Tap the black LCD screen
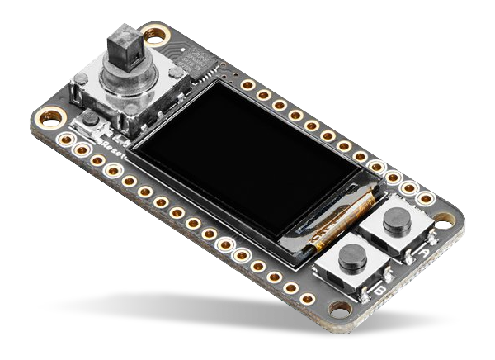pyautogui.click(x=247, y=161)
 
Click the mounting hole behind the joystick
pyautogui.click(x=154, y=35)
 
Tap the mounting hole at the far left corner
pyautogui.click(x=49, y=116)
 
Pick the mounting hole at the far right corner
pyautogui.click(x=445, y=220)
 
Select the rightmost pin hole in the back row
pyautogui.click(x=425, y=198)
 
